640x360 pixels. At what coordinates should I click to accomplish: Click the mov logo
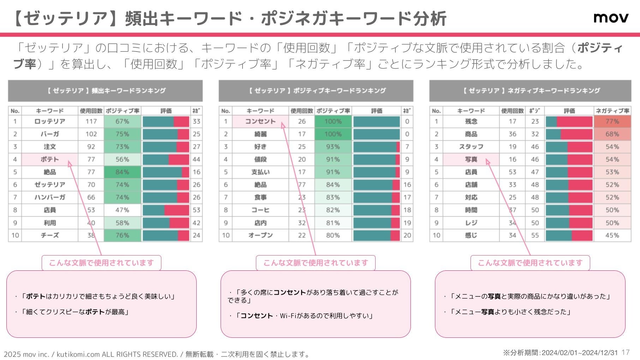(611, 18)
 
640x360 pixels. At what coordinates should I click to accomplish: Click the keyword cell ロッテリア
(50, 121)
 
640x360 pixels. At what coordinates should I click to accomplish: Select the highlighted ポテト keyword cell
(49, 160)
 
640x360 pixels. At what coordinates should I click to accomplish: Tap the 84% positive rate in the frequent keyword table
(122, 172)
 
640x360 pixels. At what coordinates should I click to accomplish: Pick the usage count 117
(91, 121)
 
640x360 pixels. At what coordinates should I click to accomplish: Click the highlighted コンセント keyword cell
(260, 121)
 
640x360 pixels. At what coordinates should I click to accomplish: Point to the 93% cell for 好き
(333, 147)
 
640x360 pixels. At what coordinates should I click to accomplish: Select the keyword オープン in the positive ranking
(260, 235)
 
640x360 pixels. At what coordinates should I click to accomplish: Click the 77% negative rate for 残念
(612, 121)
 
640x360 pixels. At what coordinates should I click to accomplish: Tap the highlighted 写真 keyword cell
(471, 160)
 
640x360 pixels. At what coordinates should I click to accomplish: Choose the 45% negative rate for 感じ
(612, 235)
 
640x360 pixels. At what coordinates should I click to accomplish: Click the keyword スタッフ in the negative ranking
(471, 147)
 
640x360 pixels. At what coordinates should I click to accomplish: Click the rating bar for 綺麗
(376, 134)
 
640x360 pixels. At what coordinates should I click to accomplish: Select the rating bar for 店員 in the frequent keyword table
(166, 210)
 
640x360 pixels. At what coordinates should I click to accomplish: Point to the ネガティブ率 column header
(612, 111)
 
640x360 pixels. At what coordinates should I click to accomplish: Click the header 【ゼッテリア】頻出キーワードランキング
(105, 91)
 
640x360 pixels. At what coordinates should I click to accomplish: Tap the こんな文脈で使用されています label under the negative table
(530, 263)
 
